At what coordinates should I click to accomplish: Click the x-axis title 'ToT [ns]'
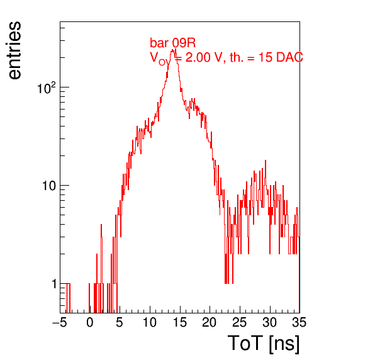(263, 343)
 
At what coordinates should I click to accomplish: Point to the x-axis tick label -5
(60, 322)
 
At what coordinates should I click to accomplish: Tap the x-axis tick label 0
(90, 322)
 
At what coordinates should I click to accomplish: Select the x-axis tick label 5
(120, 322)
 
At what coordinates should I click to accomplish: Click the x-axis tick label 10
(150, 322)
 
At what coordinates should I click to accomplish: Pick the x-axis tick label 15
(179, 322)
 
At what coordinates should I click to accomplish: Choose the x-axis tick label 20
(210, 322)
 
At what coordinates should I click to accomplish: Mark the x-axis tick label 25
(240, 322)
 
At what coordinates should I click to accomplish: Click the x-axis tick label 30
(270, 322)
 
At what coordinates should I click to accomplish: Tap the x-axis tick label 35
(299, 322)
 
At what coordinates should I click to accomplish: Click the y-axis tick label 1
(54, 284)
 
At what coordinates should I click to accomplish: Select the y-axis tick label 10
(50, 186)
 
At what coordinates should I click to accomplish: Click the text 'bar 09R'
(172, 43)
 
